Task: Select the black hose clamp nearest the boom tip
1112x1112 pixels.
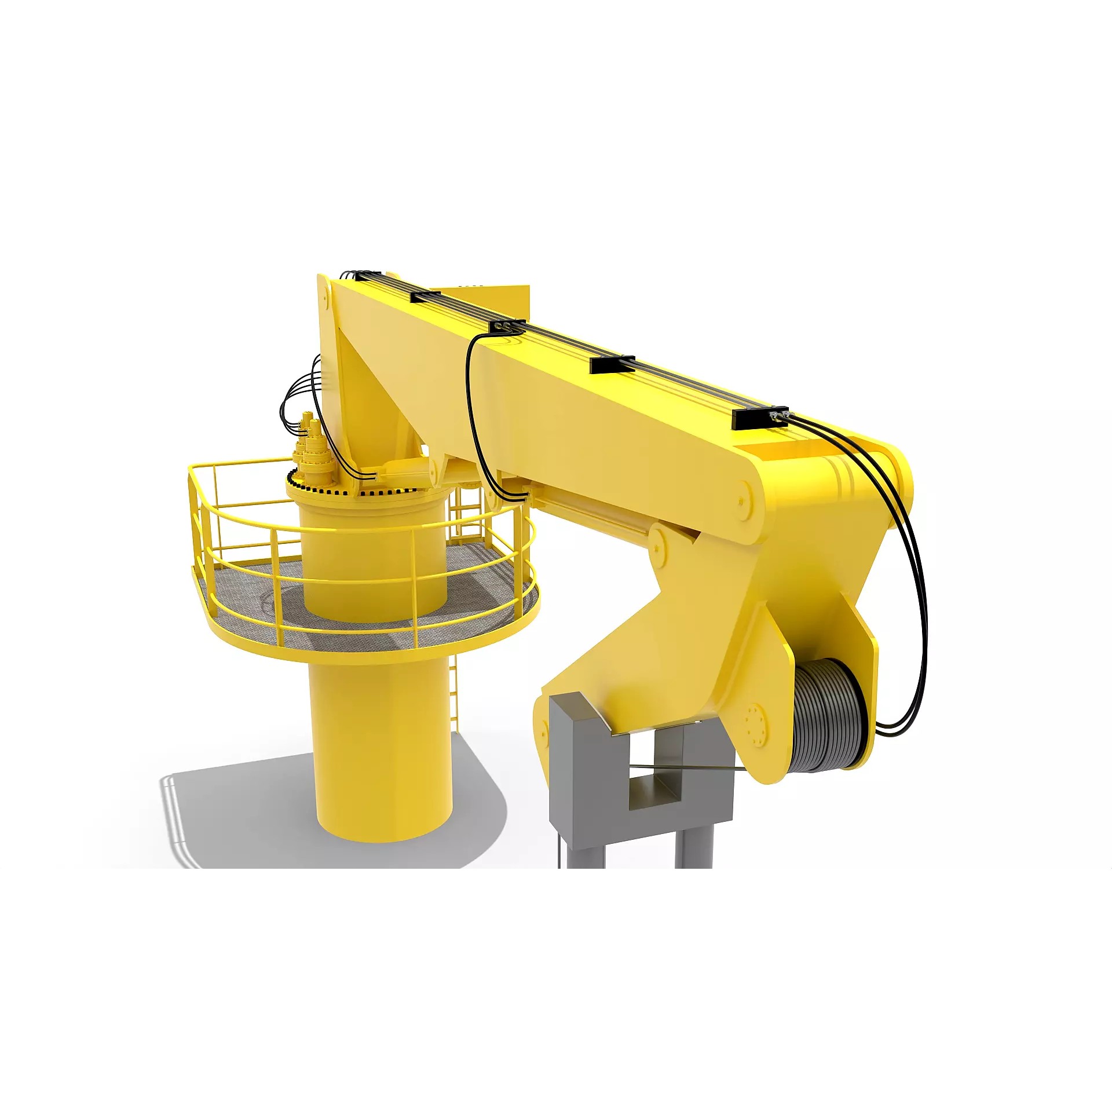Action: pos(759,418)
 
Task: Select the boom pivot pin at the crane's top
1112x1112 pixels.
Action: pos(329,289)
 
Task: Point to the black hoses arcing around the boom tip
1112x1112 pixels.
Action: pos(915,579)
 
